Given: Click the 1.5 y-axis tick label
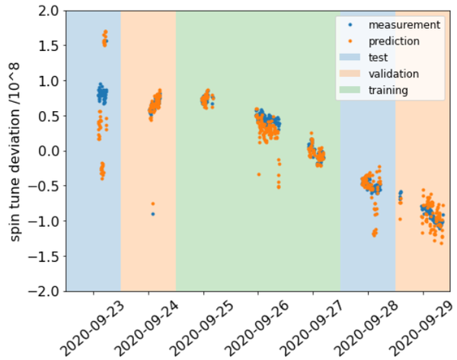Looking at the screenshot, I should click(50, 46).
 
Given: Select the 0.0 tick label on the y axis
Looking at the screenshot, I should click(50, 151).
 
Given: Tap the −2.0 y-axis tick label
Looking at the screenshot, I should click(45, 291).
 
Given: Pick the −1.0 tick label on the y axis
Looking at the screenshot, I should click(45, 221).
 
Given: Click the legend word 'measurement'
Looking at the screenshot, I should click(404, 25).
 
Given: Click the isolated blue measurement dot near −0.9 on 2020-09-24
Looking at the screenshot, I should click(153, 214).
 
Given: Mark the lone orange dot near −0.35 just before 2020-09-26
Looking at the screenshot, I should click(258, 174).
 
